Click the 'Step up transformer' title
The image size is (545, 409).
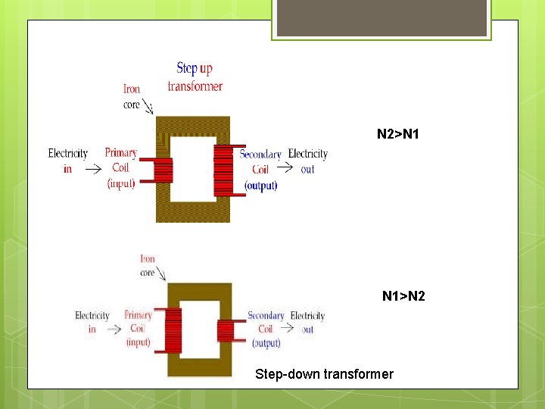coord(195,77)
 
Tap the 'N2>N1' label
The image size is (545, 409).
coord(399,135)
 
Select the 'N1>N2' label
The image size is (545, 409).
coord(403,295)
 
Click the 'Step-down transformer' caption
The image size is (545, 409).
coord(324,374)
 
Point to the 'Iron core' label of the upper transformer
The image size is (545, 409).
coord(132,97)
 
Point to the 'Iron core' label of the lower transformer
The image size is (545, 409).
coord(148,266)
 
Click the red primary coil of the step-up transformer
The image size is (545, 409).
coord(163,170)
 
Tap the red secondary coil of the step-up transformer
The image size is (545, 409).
coord(224,170)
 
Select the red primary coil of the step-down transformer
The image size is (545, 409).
coord(173,330)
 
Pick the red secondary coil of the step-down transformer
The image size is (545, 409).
coord(226,330)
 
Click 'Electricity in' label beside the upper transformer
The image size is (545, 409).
coord(68,161)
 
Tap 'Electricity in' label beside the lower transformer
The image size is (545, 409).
coord(92,322)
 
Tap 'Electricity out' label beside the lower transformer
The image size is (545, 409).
coord(307,322)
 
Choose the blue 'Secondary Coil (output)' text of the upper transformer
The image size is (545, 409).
coord(260,170)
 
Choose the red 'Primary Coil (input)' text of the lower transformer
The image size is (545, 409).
coord(138,328)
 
